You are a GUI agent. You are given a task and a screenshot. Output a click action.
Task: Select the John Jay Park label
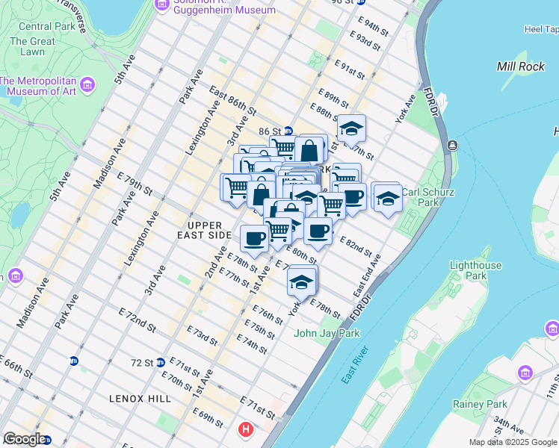coord(327,333)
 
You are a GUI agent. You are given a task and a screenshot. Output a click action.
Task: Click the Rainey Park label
coord(480,404)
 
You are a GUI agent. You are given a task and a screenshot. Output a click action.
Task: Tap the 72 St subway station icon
coord(160,363)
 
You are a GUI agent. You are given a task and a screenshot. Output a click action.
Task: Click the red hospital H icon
coord(245,429)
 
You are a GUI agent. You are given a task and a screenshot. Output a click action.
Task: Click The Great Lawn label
coord(32,47)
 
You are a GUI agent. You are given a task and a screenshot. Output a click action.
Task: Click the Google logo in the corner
coord(24,439)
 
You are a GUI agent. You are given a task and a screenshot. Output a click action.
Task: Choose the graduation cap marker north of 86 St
coord(350,131)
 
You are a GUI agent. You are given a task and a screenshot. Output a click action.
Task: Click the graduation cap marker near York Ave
coord(301,281)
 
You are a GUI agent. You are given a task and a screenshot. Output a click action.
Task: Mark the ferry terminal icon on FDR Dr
coord(452,145)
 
